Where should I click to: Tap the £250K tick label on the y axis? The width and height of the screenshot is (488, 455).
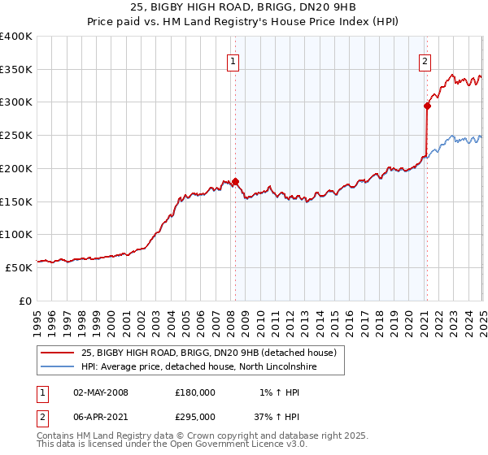click(x=16, y=136)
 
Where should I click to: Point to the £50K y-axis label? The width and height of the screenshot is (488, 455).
click(x=19, y=267)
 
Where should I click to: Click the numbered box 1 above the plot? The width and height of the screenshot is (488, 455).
click(x=233, y=59)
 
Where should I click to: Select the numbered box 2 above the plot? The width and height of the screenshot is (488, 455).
click(x=425, y=59)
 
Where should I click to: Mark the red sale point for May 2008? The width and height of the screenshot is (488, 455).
click(x=235, y=181)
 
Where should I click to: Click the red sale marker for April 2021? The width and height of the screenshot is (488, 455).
click(x=427, y=104)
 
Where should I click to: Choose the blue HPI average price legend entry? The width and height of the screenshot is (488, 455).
click(x=198, y=367)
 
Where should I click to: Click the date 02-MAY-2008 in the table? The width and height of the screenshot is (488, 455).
click(x=101, y=392)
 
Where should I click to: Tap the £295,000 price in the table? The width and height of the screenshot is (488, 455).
click(x=195, y=416)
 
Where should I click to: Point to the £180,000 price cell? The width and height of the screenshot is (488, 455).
click(x=195, y=392)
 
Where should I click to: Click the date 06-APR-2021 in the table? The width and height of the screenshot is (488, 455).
click(x=101, y=416)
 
